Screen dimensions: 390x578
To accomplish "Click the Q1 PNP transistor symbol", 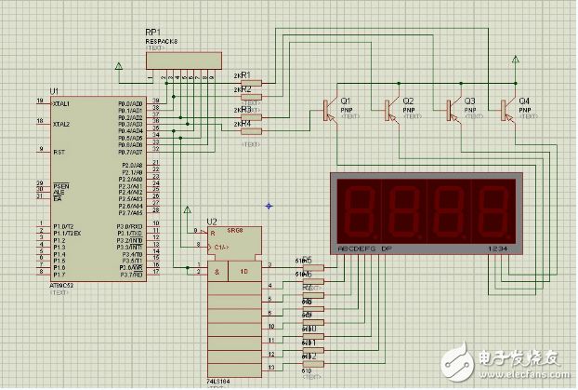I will [331, 110].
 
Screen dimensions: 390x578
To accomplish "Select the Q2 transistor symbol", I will [391, 110].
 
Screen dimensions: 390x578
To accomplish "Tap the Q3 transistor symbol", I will [453, 110].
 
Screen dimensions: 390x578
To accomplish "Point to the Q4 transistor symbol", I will [506, 110].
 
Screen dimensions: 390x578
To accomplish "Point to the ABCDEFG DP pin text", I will [366, 249].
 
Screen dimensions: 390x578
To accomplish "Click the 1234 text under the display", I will [498, 249].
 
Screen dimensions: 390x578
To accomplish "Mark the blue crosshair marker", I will [269, 205].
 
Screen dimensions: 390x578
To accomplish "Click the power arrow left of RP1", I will [117, 65].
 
